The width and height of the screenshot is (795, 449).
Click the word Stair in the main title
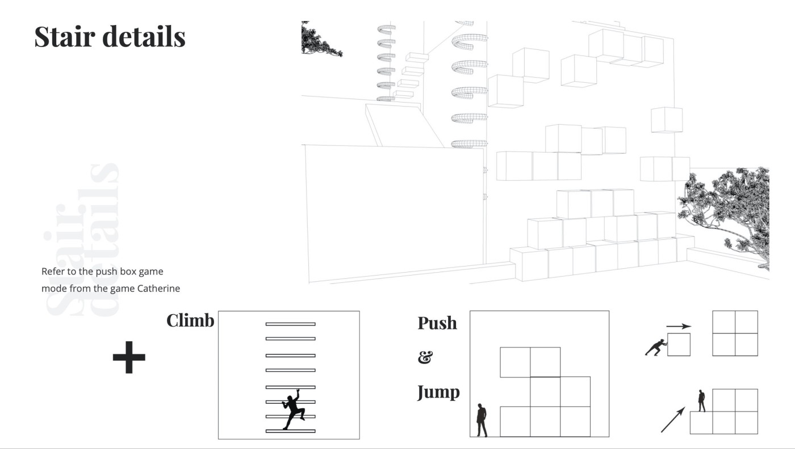tap(62, 36)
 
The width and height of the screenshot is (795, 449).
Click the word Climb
tap(190, 321)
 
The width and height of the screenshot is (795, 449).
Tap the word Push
tap(437, 323)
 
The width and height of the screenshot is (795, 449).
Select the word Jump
tap(438, 392)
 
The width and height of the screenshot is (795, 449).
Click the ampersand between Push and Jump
tap(425, 358)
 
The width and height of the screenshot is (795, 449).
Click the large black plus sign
tap(129, 357)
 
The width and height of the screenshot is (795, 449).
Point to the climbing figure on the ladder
tap(292, 409)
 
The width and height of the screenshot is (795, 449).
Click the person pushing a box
tap(656, 347)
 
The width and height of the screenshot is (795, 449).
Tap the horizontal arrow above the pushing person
tap(679, 327)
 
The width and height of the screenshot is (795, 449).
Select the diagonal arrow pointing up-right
tap(672, 421)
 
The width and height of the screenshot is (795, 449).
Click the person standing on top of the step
tap(702, 401)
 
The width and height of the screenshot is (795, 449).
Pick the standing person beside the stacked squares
tap(482, 420)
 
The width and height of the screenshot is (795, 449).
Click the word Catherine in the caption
tap(160, 288)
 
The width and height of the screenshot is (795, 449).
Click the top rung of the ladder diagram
tap(290, 324)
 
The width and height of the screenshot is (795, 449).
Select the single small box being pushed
tap(679, 345)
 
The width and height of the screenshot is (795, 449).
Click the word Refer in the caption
tap(53, 272)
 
